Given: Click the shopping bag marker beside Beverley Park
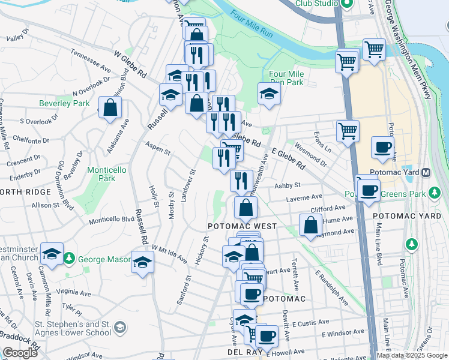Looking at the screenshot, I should coord(110,108).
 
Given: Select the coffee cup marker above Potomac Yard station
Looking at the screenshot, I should coord(382,148).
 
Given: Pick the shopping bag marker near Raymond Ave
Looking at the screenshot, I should coord(310,226).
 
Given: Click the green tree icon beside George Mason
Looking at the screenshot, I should coord(69,259).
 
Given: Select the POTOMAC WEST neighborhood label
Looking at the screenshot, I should coord(242,226).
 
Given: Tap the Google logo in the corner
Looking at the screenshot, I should coord(20,353).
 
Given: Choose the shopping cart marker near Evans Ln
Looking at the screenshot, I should coord(348,130).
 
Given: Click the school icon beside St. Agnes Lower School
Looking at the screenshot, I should coord(121,327).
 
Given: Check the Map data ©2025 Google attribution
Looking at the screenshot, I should coord(412,355).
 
